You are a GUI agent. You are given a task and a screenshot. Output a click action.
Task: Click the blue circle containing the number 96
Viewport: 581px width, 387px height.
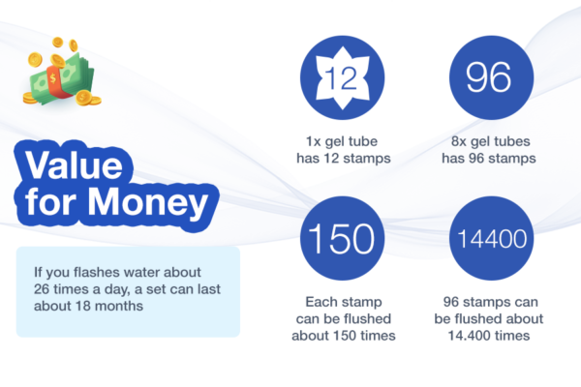coord(491,77)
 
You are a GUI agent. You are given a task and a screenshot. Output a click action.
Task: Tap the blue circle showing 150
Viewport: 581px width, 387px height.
coord(343,239)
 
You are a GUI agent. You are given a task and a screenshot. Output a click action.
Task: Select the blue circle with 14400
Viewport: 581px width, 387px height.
coord(491,239)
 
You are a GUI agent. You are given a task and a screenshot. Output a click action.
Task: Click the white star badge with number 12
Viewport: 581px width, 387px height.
coord(343,78)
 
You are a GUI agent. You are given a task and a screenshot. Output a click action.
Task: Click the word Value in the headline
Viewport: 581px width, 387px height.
coord(74,165)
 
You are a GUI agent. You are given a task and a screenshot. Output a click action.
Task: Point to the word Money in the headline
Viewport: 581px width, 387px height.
coord(148,203)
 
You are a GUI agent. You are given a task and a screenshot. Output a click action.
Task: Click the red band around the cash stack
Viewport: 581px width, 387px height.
coord(55,82)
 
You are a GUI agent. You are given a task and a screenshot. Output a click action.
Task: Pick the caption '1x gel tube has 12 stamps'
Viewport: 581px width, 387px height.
coord(343,150)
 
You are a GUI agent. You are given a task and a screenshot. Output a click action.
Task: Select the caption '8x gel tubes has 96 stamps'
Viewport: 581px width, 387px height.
coord(489,150)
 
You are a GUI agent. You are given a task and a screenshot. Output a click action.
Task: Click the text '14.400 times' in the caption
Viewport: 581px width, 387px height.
coord(489,336)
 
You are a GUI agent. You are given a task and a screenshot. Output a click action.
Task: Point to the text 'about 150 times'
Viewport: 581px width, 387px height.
coord(344,336)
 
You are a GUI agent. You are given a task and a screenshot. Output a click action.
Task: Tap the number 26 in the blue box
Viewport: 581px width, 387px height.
coord(42,289)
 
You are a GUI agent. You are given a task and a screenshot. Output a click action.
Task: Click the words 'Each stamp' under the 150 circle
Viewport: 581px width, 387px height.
coord(344,302)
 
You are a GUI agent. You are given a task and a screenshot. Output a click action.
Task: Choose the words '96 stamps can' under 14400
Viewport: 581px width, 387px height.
coord(491,302)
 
